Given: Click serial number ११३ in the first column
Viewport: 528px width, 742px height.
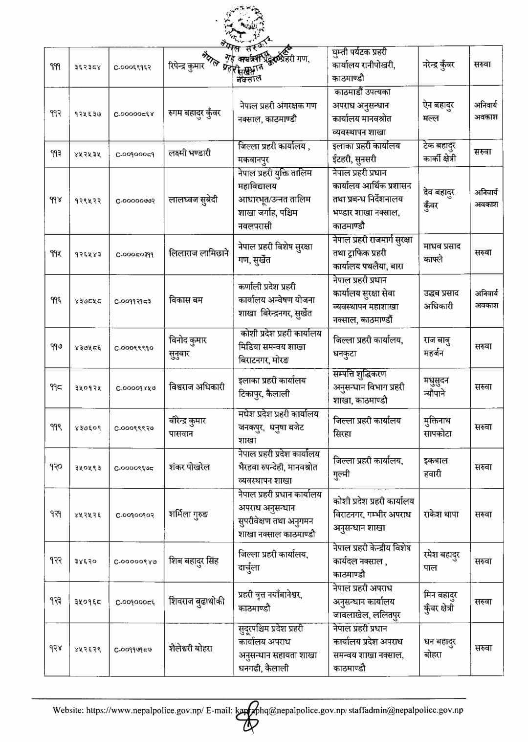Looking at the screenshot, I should (x=55, y=153).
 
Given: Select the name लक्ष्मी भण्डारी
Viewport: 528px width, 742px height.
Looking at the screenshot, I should (x=190, y=153).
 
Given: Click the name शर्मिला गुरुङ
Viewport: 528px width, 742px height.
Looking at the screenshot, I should (x=188, y=515).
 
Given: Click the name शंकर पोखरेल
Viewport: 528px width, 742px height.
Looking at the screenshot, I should (x=189, y=467).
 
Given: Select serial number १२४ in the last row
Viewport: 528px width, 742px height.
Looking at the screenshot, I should (x=55, y=649).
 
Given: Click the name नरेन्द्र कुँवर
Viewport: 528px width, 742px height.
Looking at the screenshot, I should (x=439, y=65).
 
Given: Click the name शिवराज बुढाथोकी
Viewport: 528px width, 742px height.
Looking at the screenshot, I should (x=197, y=602).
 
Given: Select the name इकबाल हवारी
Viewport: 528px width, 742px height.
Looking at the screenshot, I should (x=436, y=467).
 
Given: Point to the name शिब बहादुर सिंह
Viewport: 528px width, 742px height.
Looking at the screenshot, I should (x=193, y=561).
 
